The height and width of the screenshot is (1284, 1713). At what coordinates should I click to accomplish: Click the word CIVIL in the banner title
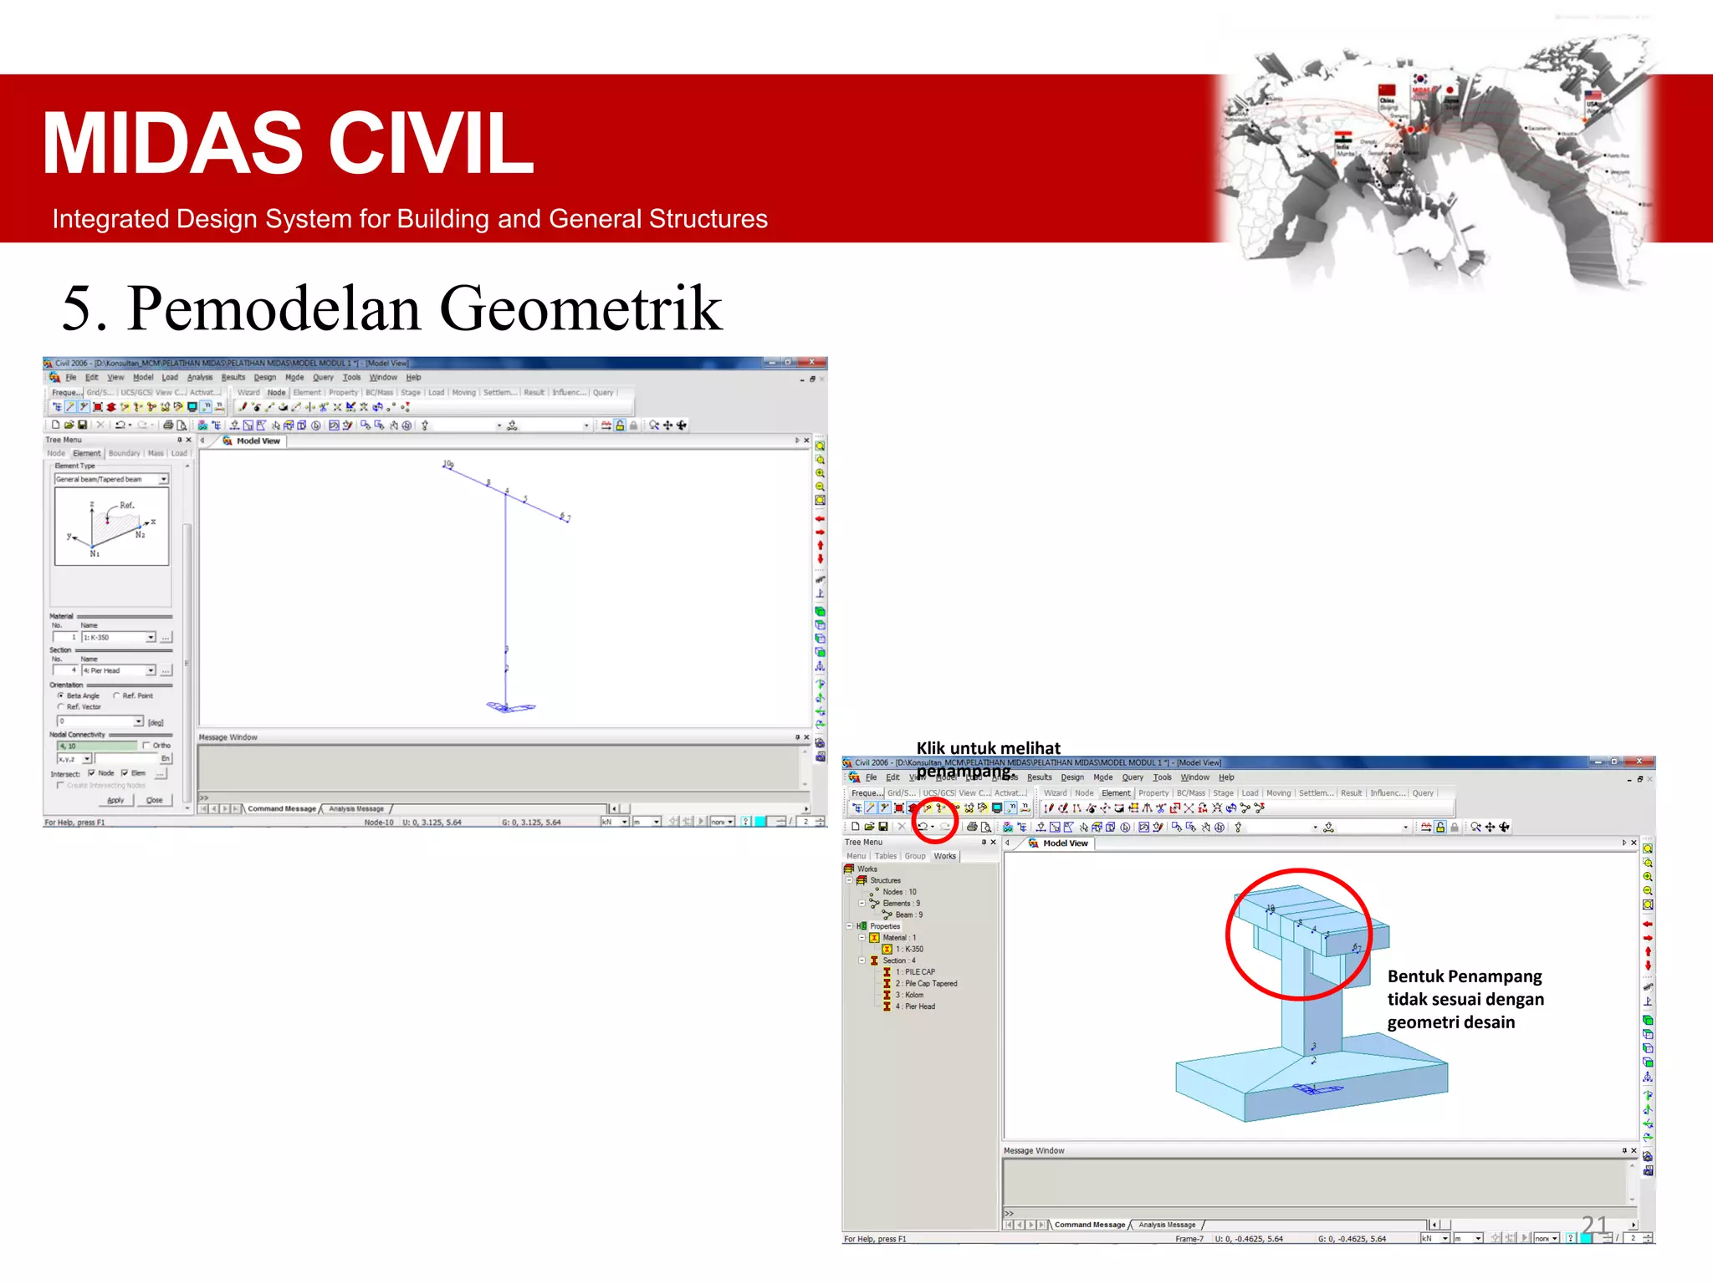(x=431, y=144)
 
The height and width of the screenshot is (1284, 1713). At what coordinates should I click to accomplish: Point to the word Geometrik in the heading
(x=580, y=308)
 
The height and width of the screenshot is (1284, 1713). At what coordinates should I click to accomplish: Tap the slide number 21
(x=1594, y=1225)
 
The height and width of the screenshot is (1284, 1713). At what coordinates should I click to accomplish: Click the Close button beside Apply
(x=154, y=800)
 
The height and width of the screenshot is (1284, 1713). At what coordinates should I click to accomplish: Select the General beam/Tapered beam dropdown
(x=111, y=479)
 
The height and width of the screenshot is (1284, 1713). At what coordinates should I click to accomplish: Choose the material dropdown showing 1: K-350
(x=118, y=637)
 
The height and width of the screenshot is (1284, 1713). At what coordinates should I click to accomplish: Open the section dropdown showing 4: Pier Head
(x=118, y=670)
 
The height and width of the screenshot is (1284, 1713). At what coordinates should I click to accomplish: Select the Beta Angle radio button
(x=61, y=695)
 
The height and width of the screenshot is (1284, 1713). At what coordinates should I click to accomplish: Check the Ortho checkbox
(x=147, y=745)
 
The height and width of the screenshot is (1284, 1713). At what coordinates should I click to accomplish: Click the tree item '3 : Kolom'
(x=913, y=995)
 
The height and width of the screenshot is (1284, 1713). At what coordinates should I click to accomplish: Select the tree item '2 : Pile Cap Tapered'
(x=930, y=983)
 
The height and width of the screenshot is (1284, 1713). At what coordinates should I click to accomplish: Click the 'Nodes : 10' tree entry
(x=899, y=892)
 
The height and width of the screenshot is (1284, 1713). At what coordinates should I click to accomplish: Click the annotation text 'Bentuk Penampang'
(x=1464, y=976)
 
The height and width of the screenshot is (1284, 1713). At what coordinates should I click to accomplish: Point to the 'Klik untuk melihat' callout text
(x=988, y=748)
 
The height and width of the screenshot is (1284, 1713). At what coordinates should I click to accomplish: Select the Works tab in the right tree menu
(x=944, y=856)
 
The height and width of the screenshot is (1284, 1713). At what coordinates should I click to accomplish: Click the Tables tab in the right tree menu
(x=885, y=856)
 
